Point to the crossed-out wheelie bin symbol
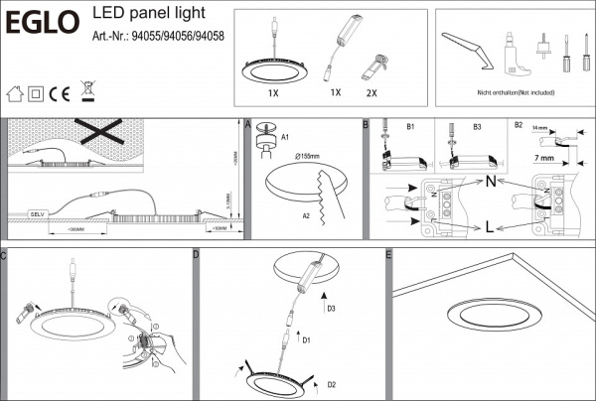[86, 93]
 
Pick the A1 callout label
[285, 135]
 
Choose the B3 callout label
[477, 127]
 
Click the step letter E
[387, 255]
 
